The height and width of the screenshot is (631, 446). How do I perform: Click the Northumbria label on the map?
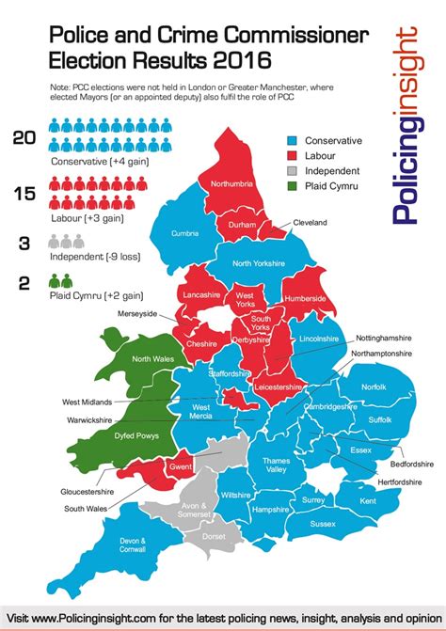click(231, 184)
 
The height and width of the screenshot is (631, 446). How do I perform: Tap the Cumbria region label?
click(184, 233)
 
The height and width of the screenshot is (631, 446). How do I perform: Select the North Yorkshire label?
click(258, 263)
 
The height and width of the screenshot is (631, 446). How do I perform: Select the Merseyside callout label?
click(137, 313)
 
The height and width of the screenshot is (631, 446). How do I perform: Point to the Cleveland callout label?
click(309, 222)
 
